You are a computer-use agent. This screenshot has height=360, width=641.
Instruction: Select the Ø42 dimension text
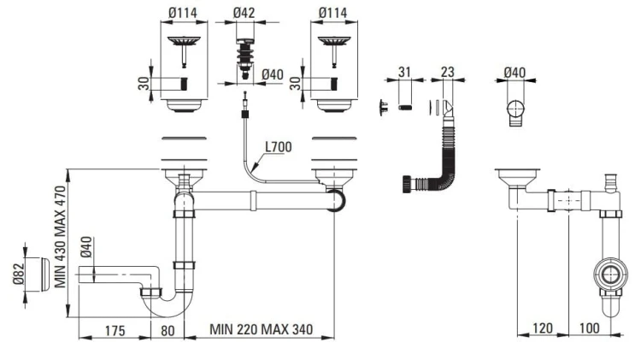pos(245,14)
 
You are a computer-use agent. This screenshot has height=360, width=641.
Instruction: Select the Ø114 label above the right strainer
pos(332,14)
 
